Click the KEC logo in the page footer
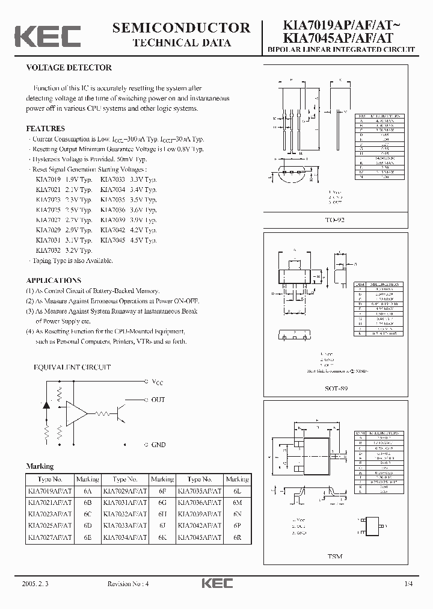pos(216,584)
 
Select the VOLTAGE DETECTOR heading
pos(69,68)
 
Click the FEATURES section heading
pos(46,128)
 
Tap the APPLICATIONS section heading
pos(54,280)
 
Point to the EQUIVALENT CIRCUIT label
pos(72,367)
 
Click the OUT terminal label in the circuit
pos(158,400)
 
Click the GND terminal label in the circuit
pos(159,445)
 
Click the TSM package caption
pos(335,557)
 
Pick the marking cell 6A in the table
pos(88,491)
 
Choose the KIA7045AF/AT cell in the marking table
pos(200,536)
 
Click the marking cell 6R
pos(237,536)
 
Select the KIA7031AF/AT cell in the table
pos(125,502)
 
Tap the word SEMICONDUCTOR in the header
pos(182,28)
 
